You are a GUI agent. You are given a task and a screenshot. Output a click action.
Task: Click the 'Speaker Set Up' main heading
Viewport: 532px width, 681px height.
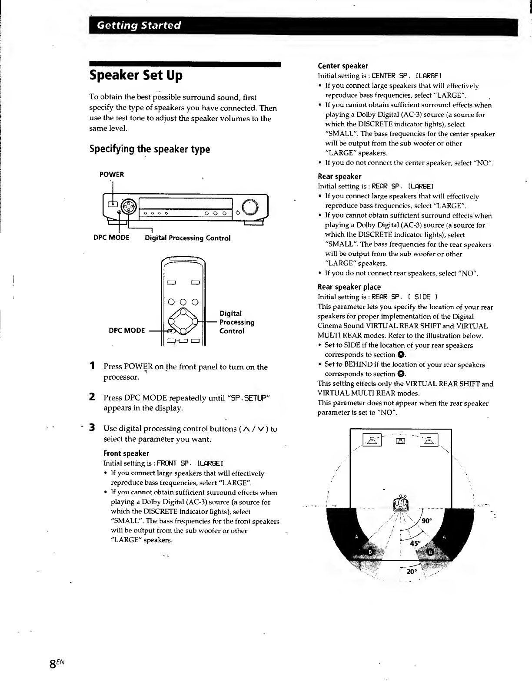click(136, 76)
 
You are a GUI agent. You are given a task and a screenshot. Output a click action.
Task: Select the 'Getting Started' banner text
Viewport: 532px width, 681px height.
click(139, 25)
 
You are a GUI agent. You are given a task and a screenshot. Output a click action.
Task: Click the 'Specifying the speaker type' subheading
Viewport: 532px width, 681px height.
click(150, 149)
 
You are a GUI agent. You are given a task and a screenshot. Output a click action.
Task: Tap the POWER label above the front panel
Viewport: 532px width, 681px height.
click(112, 175)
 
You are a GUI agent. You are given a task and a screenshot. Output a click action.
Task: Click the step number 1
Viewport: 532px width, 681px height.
click(92, 366)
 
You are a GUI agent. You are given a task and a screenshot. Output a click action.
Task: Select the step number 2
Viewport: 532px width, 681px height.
click(92, 397)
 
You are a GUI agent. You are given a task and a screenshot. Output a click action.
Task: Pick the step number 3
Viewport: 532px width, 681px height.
click(92, 428)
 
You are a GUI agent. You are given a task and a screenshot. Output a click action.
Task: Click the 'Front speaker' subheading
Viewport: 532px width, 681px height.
click(126, 453)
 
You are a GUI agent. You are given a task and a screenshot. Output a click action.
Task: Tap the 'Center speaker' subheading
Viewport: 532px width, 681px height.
click(343, 66)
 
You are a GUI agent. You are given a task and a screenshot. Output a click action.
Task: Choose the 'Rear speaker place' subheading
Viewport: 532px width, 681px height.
click(349, 287)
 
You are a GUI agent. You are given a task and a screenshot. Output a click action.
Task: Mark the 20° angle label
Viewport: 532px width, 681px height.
click(411, 572)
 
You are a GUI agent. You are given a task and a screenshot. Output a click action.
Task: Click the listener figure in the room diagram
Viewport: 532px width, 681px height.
click(400, 503)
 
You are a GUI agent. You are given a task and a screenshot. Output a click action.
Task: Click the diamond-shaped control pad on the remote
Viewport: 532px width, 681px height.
click(183, 322)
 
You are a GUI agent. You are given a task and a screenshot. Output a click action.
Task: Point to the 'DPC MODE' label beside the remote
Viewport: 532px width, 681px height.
click(127, 331)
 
